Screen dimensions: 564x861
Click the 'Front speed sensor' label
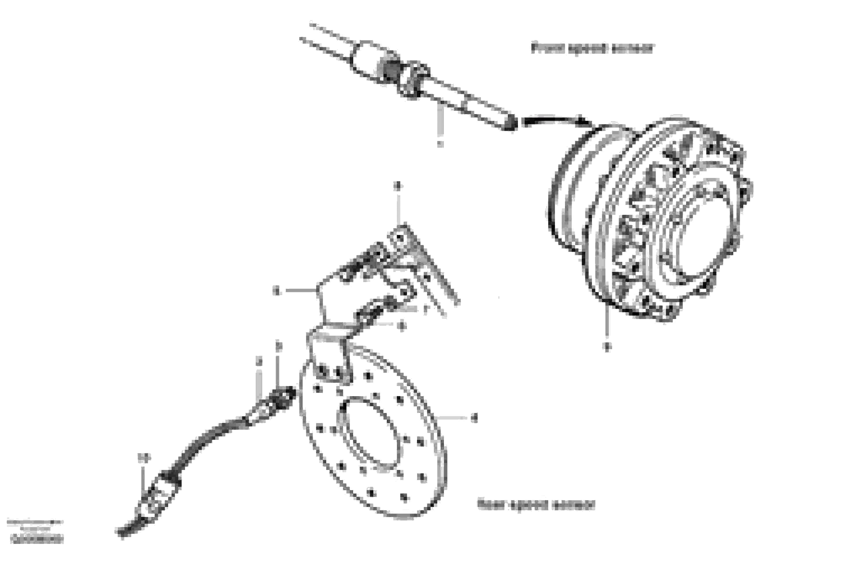(x=592, y=48)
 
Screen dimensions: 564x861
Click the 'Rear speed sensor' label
(x=536, y=504)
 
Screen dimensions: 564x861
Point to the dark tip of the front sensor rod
(x=511, y=124)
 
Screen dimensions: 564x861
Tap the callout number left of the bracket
(x=277, y=291)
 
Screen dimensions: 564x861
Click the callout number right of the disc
(x=474, y=418)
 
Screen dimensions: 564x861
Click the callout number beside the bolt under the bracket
(x=401, y=326)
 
